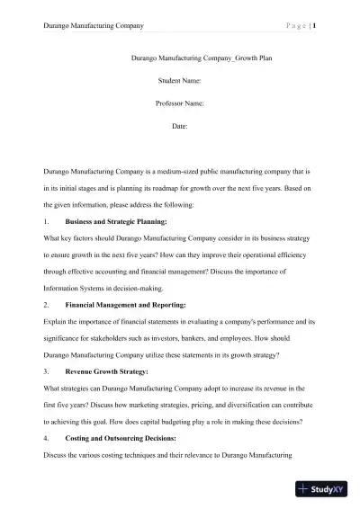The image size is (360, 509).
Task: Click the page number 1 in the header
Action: point(313,26)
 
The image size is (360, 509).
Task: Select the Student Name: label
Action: point(179,82)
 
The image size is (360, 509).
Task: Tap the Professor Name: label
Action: point(179,104)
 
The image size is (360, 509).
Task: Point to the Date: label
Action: point(179,127)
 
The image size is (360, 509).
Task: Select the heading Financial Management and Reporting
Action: point(125,306)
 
